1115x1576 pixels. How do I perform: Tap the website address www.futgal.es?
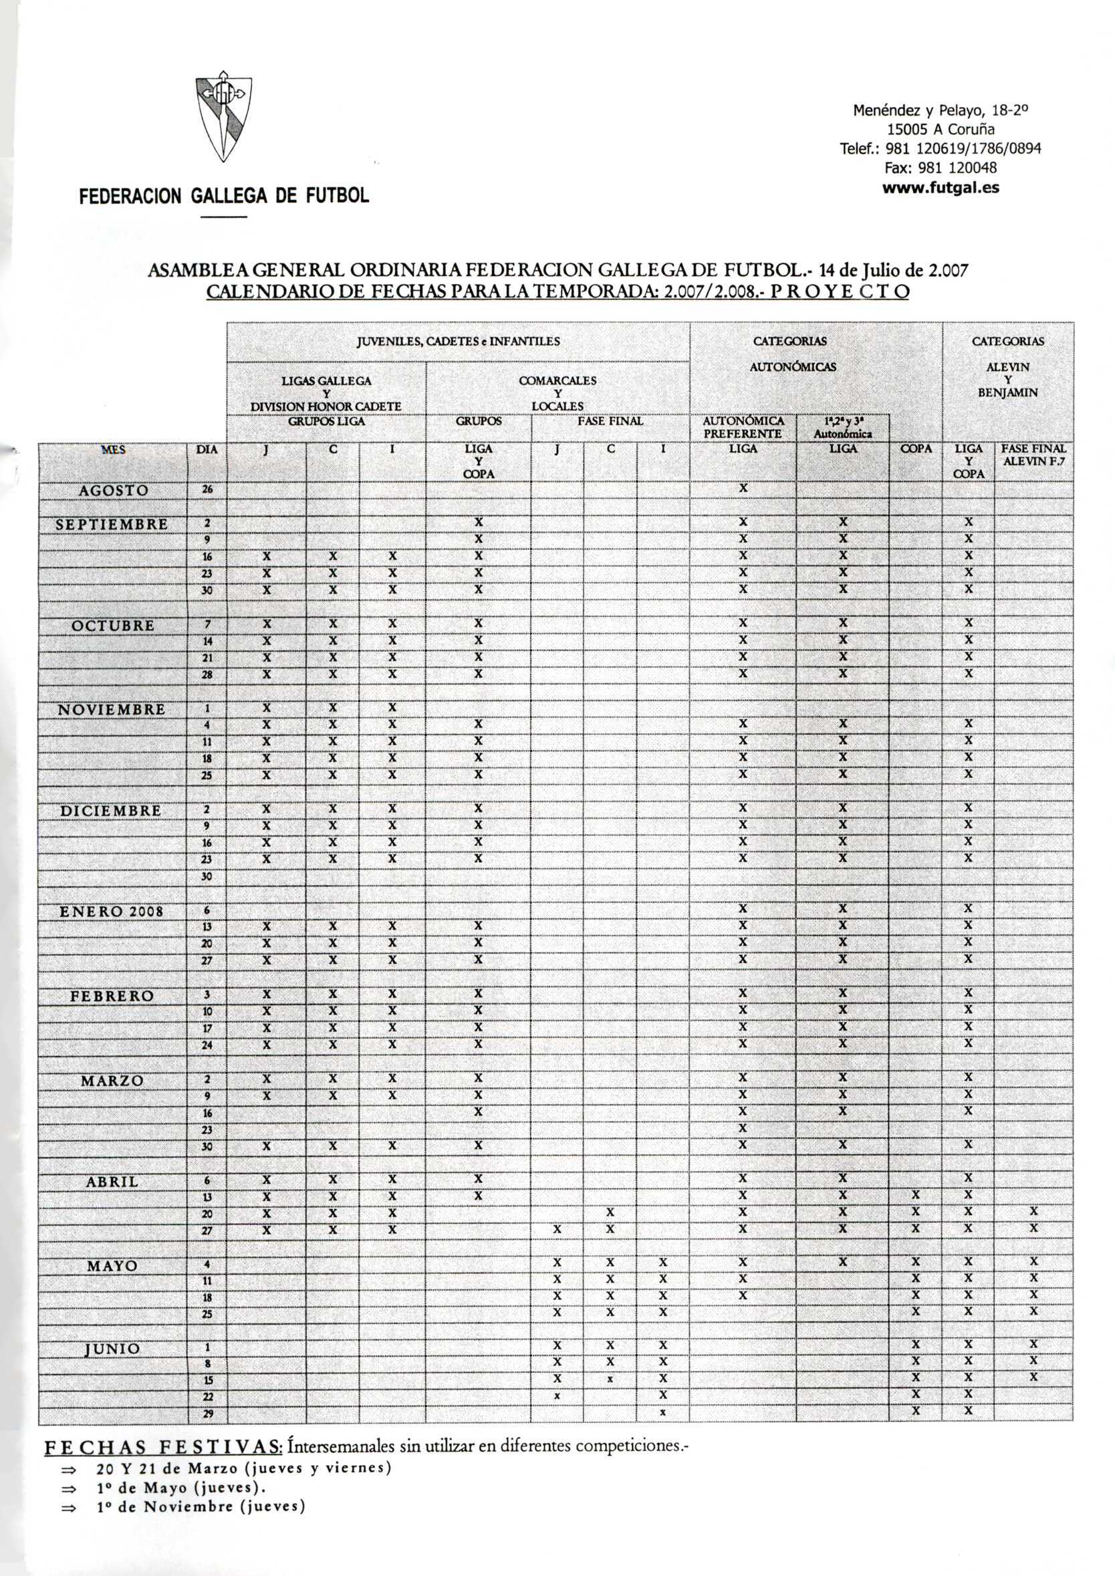point(940,186)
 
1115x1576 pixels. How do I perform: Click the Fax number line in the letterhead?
point(940,168)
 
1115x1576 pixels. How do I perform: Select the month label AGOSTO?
point(113,490)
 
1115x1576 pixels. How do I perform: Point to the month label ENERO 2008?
point(111,912)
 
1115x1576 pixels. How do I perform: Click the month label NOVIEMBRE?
point(111,709)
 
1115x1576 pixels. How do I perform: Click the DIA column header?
point(207,450)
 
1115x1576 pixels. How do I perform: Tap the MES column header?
point(113,450)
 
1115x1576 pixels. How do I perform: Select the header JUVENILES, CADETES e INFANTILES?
point(458,341)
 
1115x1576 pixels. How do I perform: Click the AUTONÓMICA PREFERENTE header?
point(742,428)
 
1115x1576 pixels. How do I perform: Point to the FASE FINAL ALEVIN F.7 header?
point(1033,455)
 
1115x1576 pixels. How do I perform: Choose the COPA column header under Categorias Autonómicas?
point(916,449)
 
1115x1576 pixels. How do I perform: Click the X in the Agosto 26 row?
point(742,489)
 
